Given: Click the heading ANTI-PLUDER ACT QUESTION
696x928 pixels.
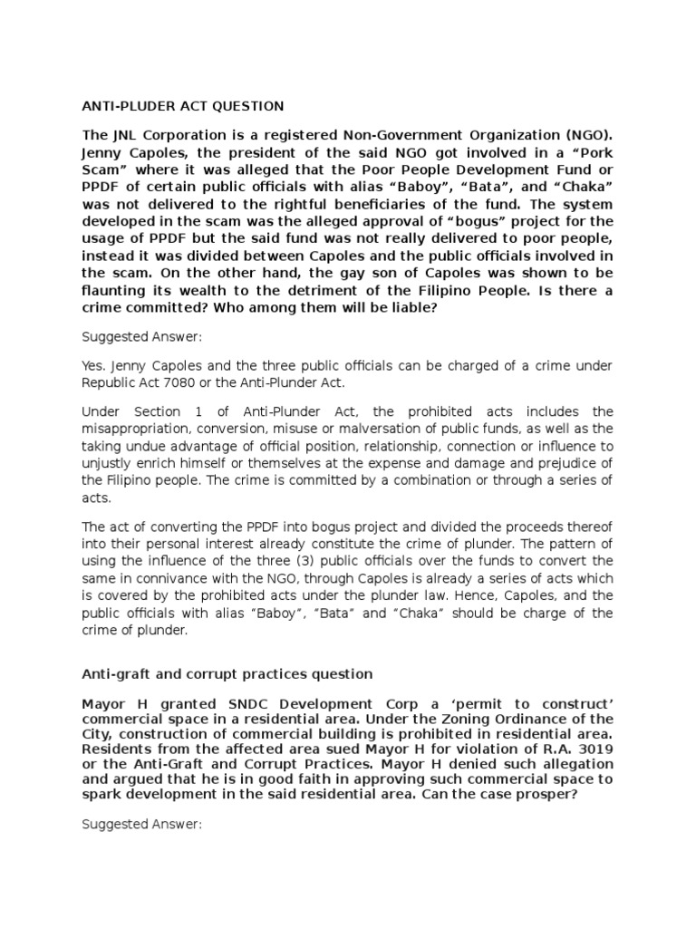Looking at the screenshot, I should click(183, 106).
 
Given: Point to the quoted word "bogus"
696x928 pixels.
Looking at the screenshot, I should click(428, 220).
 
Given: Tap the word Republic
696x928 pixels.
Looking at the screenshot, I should click(111, 382).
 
